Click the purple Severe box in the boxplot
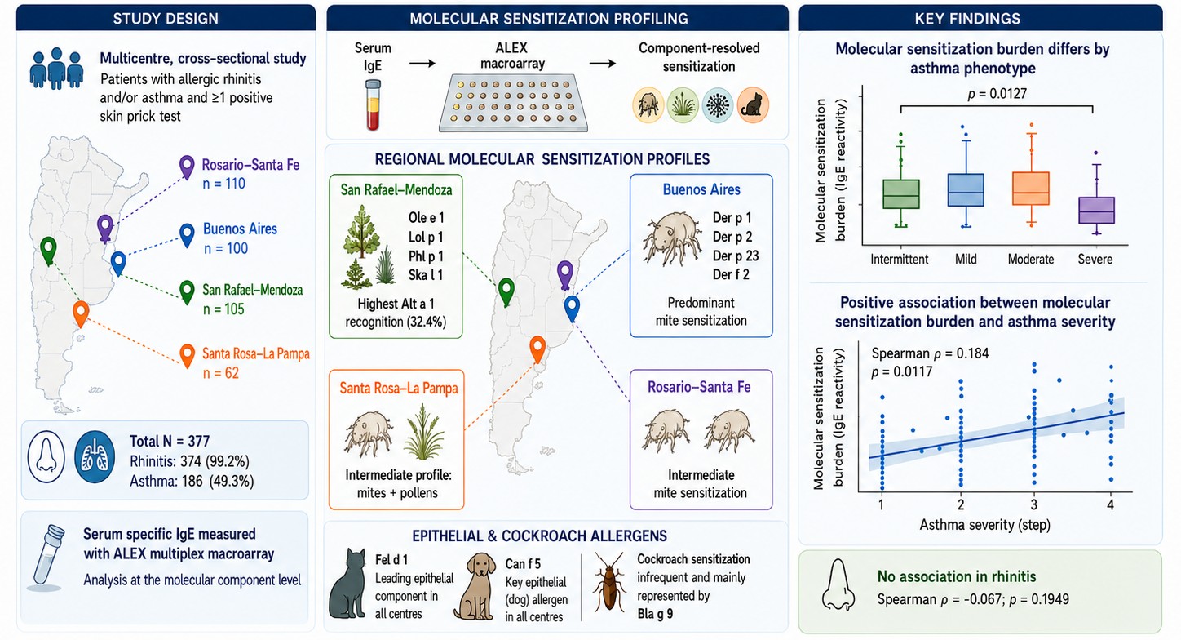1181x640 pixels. pos(1096,211)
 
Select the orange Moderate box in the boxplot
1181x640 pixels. pos(1031,189)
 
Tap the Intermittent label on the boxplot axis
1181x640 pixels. pos(899,259)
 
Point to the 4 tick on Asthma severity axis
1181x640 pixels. pos(1110,505)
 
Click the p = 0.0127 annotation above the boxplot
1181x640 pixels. pos(997,94)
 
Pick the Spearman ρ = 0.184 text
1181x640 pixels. pos(930,353)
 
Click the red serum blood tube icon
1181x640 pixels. pos(373,104)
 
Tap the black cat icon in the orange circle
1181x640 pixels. pos(752,105)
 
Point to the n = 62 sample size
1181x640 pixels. pos(221,373)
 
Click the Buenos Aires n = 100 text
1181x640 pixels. pos(240,238)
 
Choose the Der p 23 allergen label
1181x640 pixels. pos(736,256)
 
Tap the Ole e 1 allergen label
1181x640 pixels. pos(426,218)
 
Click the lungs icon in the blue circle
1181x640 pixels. pos(95,456)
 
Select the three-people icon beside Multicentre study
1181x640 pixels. pos(56,69)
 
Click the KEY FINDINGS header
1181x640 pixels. pos(967,19)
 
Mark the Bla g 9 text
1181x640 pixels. pos(655,614)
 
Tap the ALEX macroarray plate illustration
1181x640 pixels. pos(513,103)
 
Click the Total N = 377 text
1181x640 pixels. pos(170,441)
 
